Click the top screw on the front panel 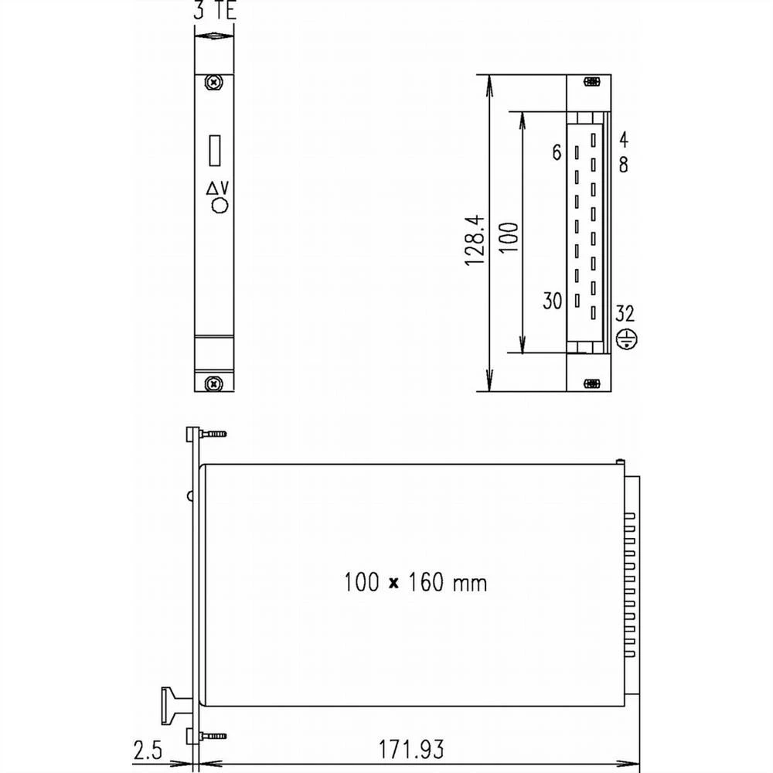pos(213,82)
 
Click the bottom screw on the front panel pos(213,382)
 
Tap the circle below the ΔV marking pos(220,206)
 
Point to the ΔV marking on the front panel pos(218,188)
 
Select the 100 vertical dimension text pos(508,241)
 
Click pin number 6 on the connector pos(557,153)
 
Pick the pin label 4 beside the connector pos(623,140)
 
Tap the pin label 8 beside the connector pos(623,164)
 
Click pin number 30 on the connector pos(552,301)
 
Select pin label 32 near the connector pos(625,314)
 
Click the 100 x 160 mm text pos(415,582)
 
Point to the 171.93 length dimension pos(410,749)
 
